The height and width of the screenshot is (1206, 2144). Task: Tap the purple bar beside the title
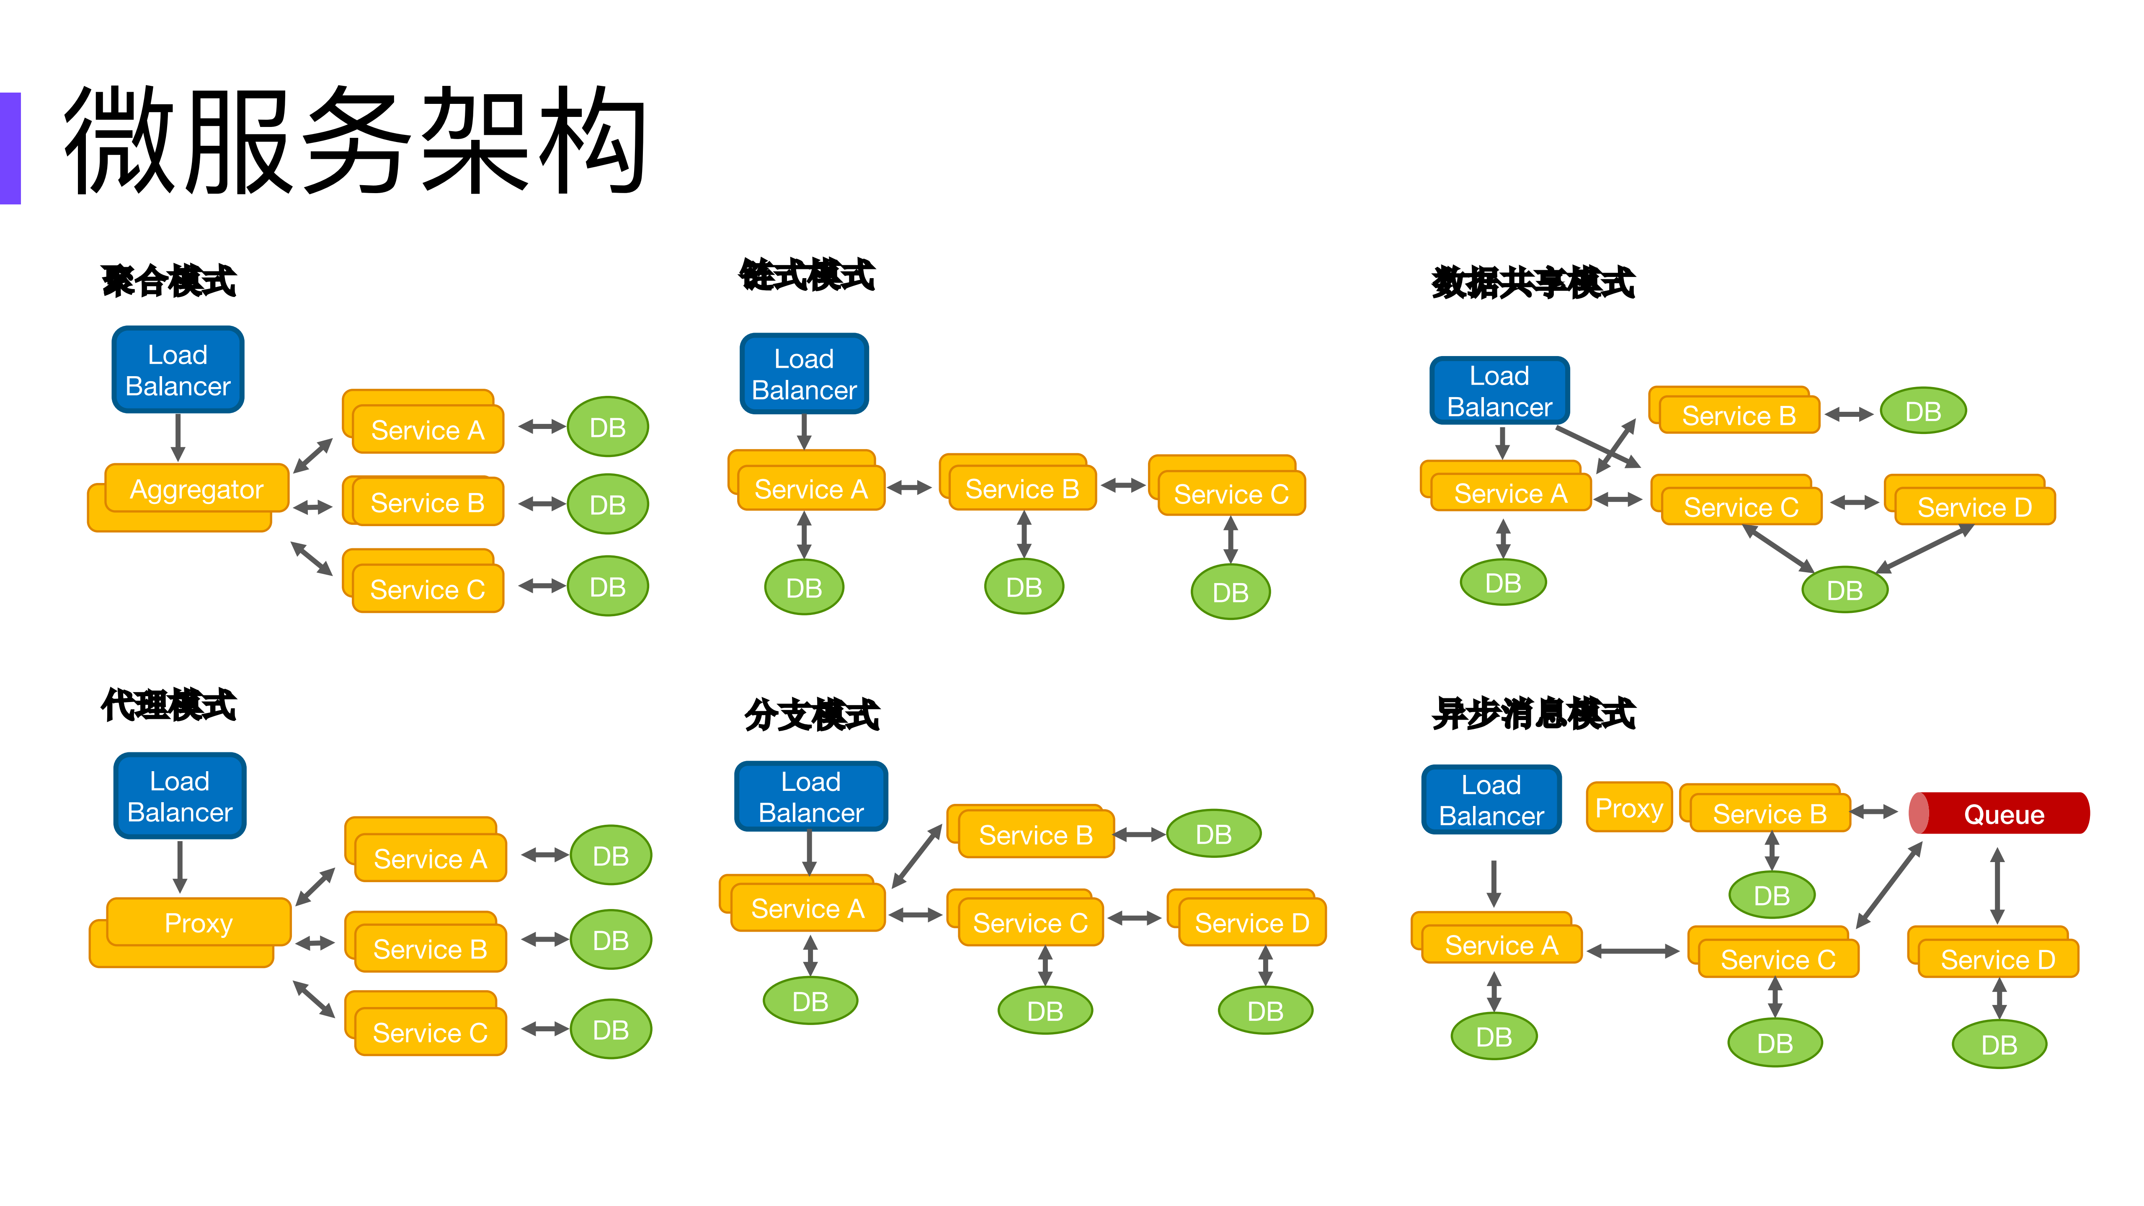10,148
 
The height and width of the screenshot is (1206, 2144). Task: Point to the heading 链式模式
808,275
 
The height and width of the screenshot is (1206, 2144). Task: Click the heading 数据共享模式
1533,283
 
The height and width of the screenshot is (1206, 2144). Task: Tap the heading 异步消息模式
1533,713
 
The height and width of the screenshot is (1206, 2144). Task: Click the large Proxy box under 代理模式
198,924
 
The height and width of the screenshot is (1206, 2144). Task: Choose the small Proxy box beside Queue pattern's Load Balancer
1628,807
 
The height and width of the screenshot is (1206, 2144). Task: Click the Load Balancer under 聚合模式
177,369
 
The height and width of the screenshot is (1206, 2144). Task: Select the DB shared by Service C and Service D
1845,590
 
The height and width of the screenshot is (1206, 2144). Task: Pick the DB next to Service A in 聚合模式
608,427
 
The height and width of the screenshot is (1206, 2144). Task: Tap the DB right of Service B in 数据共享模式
1922,411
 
